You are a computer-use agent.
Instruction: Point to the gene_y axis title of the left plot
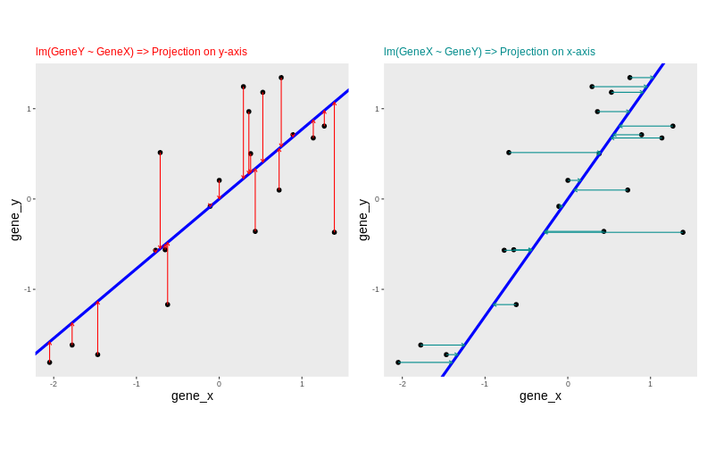(x=14, y=220)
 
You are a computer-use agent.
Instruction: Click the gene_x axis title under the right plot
(x=540, y=396)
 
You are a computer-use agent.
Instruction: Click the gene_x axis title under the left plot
(x=192, y=396)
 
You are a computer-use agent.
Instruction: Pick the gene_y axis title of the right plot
(x=362, y=220)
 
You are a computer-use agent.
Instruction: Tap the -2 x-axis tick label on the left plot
(x=54, y=384)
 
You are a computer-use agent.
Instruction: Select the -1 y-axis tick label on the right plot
(x=377, y=289)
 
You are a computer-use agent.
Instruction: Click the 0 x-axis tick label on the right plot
(x=568, y=384)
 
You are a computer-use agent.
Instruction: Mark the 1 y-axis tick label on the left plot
(x=29, y=109)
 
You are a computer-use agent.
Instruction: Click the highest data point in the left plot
(x=281, y=78)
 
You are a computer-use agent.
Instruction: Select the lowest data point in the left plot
(x=50, y=362)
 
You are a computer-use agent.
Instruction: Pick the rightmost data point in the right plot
(x=683, y=232)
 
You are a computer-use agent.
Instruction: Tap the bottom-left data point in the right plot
(x=398, y=362)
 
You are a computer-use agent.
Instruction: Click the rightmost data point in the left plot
(x=335, y=232)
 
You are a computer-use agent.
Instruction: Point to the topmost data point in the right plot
(x=629, y=78)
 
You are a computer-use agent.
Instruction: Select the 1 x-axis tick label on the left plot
(x=302, y=384)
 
